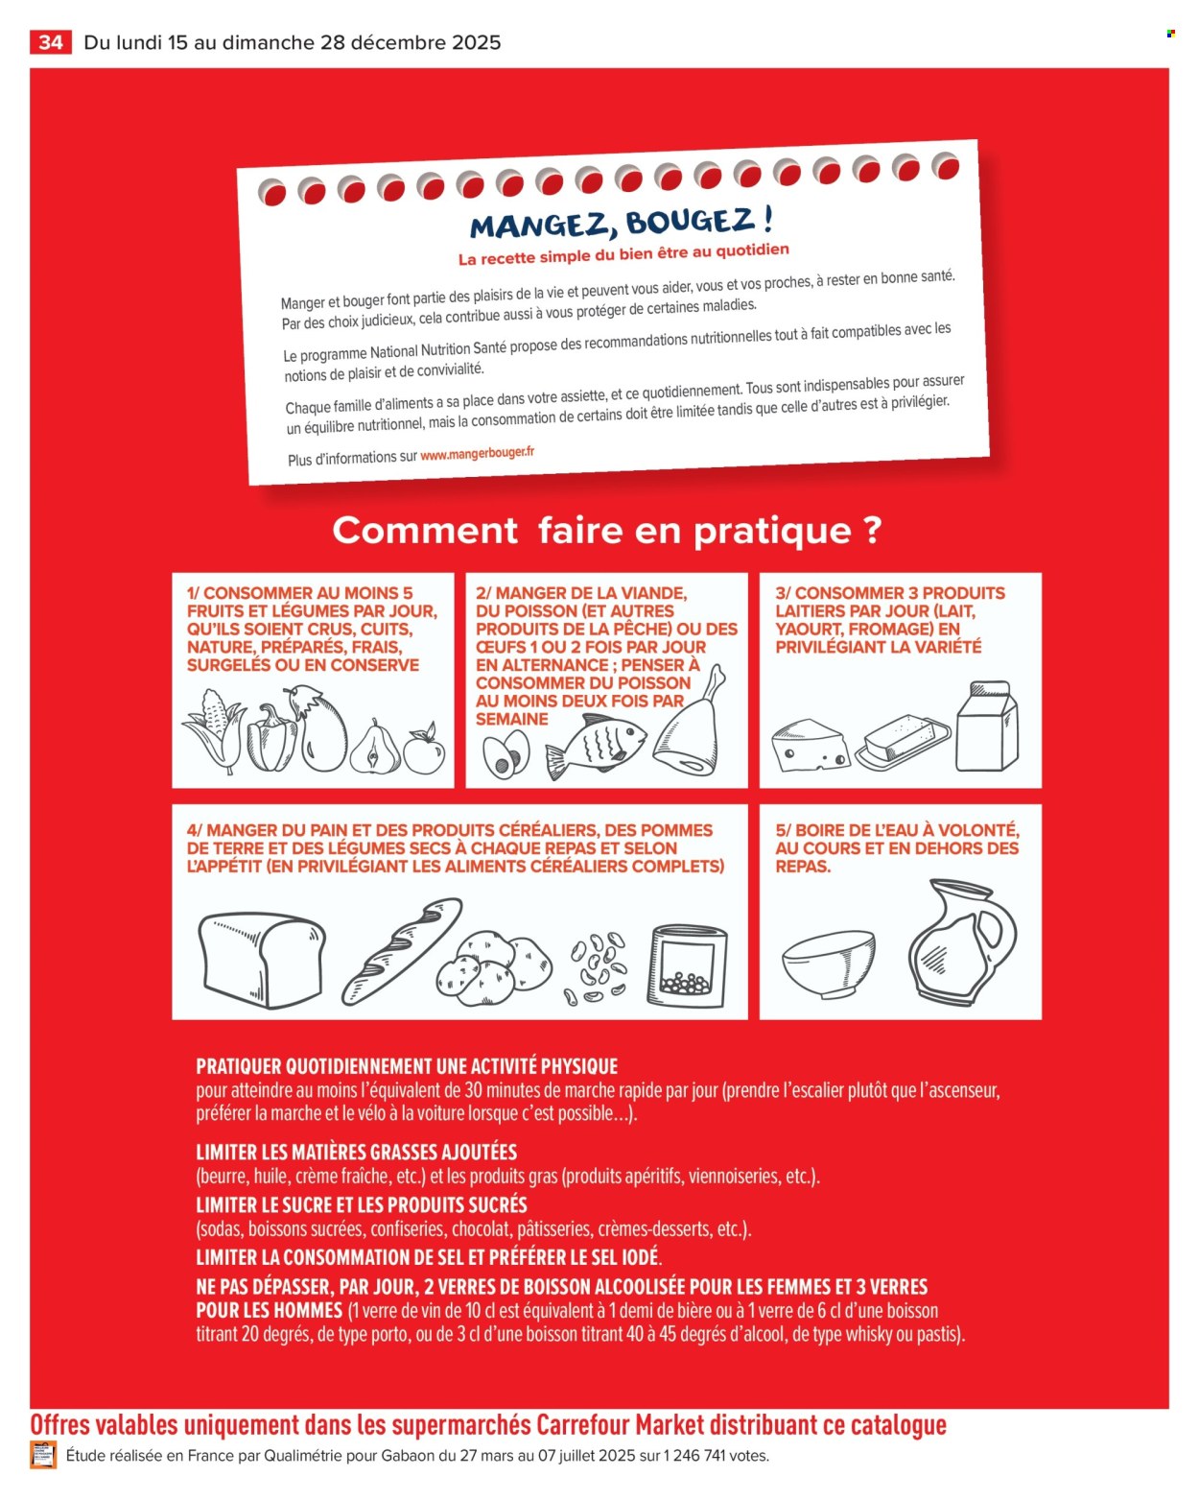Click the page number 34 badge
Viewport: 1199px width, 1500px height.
click(x=51, y=42)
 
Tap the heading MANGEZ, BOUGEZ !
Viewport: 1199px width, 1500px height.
click(x=621, y=224)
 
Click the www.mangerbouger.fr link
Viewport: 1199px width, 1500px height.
click(x=477, y=454)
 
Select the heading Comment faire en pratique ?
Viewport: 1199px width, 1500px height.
click(x=606, y=530)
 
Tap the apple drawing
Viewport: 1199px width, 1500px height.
click(x=423, y=750)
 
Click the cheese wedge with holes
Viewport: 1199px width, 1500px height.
click(x=810, y=745)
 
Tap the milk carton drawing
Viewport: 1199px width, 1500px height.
click(x=987, y=726)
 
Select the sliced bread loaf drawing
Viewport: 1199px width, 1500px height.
click(x=261, y=960)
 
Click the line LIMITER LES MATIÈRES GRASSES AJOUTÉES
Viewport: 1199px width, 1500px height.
click(x=356, y=1152)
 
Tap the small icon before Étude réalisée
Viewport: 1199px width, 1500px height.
click(x=43, y=1455)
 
